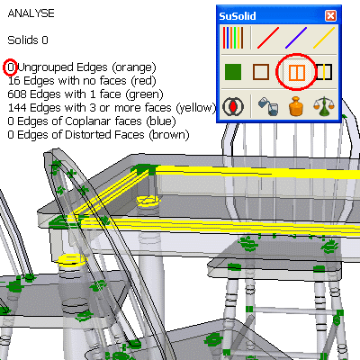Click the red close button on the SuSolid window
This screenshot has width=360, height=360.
330,15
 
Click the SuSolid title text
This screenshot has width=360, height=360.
238,16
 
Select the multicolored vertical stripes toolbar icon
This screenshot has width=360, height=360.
233,38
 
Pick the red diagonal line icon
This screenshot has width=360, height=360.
268,38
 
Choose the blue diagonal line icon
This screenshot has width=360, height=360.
296,38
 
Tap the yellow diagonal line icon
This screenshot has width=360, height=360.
324,38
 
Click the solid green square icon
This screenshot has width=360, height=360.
233,72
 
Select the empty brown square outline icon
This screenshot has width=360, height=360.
261,72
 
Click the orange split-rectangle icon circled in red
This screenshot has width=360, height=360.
297,72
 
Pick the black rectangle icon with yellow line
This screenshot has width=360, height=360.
324,72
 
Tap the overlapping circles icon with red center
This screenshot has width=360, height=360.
233,106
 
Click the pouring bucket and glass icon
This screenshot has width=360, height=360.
268,106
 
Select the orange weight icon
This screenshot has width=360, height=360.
296,106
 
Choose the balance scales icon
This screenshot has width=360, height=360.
324,106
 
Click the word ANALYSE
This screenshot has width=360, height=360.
31,13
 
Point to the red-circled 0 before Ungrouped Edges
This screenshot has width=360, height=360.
11,67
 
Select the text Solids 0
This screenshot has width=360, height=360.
28,40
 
